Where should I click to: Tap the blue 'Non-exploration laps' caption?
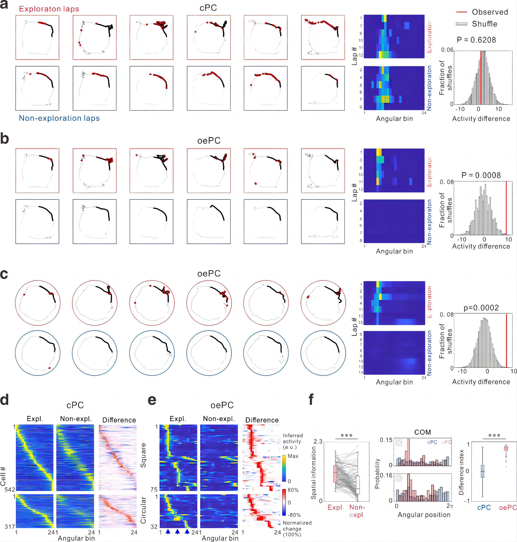click(x=59, y=118)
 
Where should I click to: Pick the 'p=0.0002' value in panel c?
click(x=481, y=308)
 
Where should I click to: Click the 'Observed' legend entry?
click(x=490, y=12)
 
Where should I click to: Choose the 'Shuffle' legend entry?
click(x=484, y=24)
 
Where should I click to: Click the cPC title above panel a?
click(x=208, y=8)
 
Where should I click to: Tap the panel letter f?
click(x=311, y=399)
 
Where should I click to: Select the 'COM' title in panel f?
click(x=422, y=432)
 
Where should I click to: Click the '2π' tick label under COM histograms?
click(x=450, y=506)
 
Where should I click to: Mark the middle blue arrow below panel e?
click(x=177, y=532)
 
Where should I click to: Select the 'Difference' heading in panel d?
click(x=119, y=420)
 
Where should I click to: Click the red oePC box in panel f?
click(x=506, y=448)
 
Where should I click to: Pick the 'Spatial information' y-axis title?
click(x=313, y=473)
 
